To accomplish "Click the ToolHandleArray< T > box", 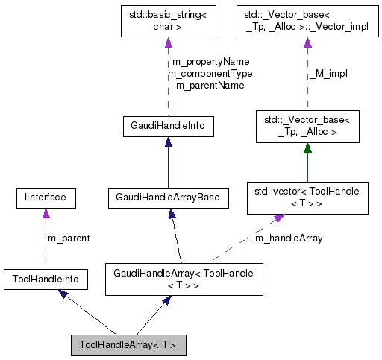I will pos(128,345).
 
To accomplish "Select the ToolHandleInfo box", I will pos(45,280).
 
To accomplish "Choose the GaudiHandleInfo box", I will pos(167,127).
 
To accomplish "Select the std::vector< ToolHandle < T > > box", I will pos(307,198).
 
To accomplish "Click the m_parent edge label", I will pos(69,239).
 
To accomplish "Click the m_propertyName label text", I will pos(210,61).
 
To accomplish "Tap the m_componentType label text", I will pos(210,73).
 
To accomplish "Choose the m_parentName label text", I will pos(210,86).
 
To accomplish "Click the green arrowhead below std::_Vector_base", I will pos(307,148).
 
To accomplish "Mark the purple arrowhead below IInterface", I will pos(46,214).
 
